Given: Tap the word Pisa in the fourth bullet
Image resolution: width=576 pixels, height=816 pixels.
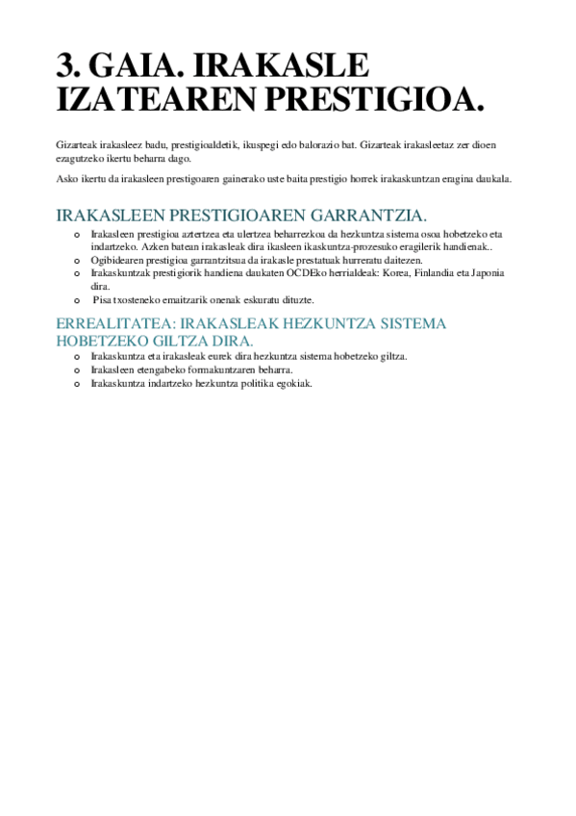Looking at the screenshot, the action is tap(102, 300).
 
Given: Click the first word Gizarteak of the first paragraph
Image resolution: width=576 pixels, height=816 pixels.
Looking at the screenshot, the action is tap(76, 144).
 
